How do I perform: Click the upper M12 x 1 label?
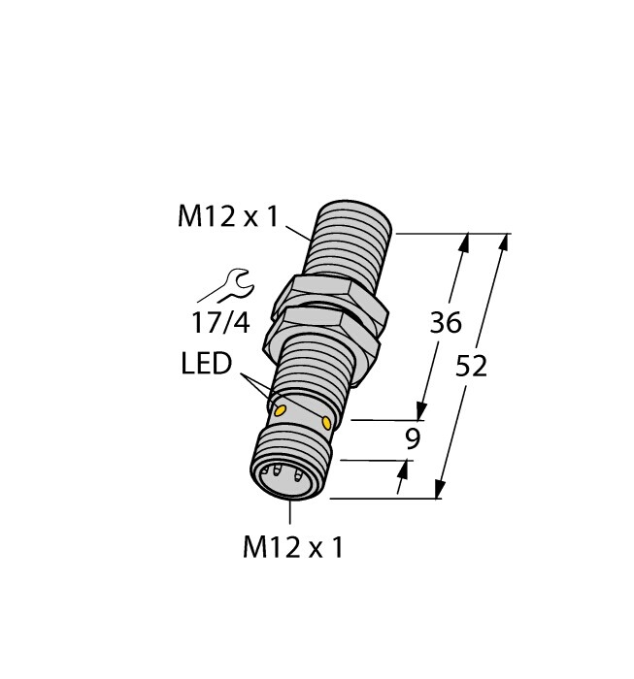tap(227, 217)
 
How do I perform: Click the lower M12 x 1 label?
tap(292, 548)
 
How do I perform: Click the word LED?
tap(207, 366)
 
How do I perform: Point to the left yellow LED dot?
tap(282, 410)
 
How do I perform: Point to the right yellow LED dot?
tap(327, 423)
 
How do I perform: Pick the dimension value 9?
tap(413, 438)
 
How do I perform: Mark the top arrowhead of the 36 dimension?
tap(464, 242)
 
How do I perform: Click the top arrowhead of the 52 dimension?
tap(503, 243)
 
